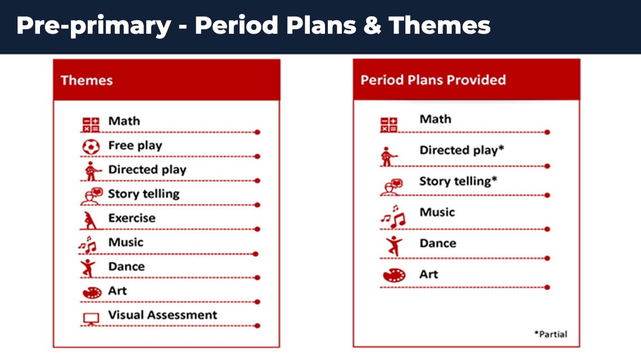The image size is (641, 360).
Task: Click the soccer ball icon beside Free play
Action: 91,146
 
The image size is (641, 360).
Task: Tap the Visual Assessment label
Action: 162,315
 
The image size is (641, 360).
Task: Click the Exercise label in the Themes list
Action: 132,218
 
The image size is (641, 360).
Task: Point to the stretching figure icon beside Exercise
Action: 90,220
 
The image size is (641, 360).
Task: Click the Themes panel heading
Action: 87,80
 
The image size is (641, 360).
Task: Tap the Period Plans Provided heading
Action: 433,80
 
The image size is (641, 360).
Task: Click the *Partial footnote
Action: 550,334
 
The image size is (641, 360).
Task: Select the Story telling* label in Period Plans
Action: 458,181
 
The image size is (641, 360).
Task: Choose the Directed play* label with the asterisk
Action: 462,150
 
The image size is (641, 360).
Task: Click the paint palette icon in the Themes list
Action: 92,292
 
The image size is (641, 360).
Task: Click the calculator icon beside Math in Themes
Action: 91,125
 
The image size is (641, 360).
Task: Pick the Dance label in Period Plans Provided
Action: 438,244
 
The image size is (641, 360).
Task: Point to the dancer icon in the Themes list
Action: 88,268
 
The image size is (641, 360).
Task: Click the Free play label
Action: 135,146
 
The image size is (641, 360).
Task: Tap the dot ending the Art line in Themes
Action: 257,302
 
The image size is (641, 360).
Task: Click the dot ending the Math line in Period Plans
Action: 548,132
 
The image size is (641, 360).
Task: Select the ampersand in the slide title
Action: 372,25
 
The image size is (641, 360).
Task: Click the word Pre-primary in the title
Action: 93,26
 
